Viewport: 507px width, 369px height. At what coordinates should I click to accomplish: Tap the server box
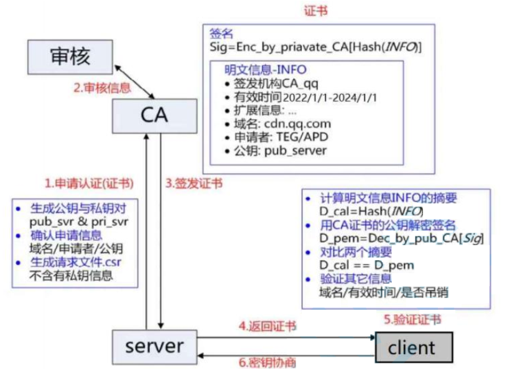point(154,345)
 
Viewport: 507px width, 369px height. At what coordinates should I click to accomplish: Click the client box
point(411,347)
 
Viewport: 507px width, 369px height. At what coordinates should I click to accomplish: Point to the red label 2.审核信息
point(102,88)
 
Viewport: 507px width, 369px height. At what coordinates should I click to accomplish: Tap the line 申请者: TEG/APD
point(280,137)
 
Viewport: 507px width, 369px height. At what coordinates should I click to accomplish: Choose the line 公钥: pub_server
point(280,151)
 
